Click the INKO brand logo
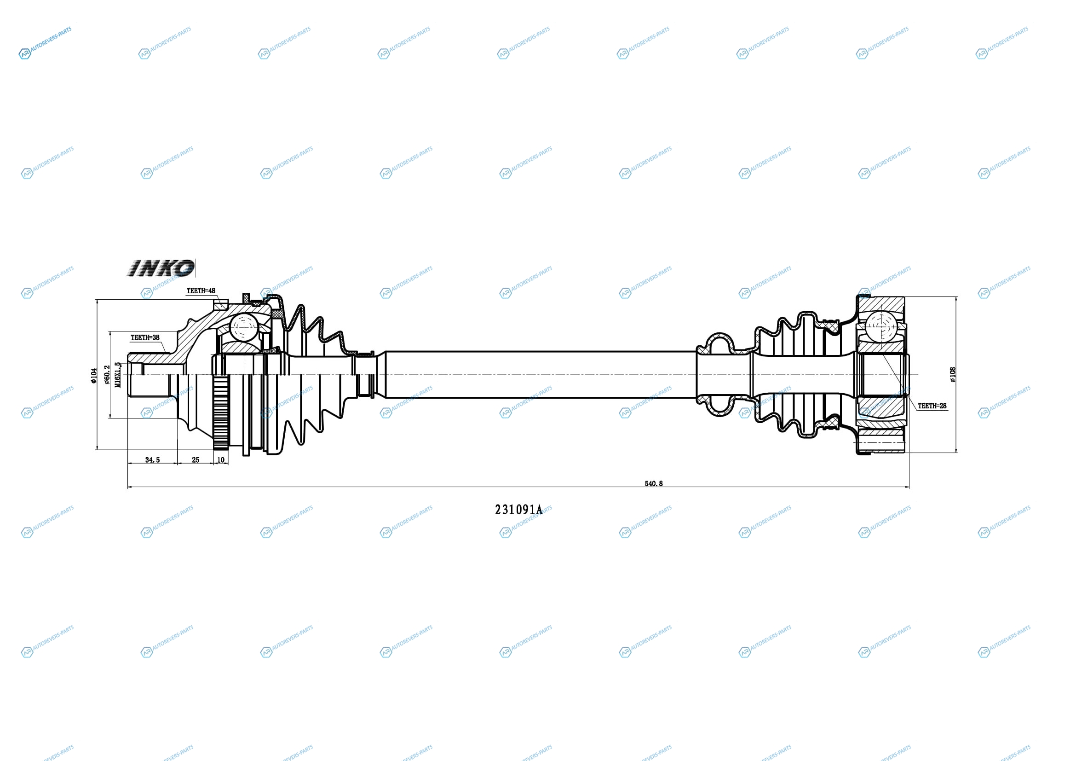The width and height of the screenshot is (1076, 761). pyautogui.click(x=161, y=268)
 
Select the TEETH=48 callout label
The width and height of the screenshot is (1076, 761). pyautogui.click(x=201, y=290)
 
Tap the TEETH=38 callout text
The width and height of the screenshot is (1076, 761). pyautogui.click(x=145, y=337)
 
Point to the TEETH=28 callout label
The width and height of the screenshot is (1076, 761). pyautogui.click(x=932, y=406)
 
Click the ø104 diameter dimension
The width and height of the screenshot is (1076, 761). pyautogui.click(x=94, y=376)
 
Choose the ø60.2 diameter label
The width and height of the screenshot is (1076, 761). pyautogui.click(x=107, y=375)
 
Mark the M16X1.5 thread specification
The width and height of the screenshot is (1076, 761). pyautogui.click(x=118, y=375)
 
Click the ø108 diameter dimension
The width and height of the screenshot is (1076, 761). pyautogui.click(x=952, y=375)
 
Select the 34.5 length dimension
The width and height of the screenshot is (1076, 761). pyautogui.click(x=152, y=460)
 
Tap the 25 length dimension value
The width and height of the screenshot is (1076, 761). pyautogui.click(x=196, y=460)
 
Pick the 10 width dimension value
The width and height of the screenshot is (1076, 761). pyautogui.click(x=221, y=460)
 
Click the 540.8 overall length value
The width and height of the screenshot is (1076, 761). pyautogui.click(x=654, y=483)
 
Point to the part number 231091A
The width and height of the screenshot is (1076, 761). pyautogui.click(x=518, y=510)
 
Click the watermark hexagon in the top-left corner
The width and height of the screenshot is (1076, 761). pyautogui.click(x=24, y=54)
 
